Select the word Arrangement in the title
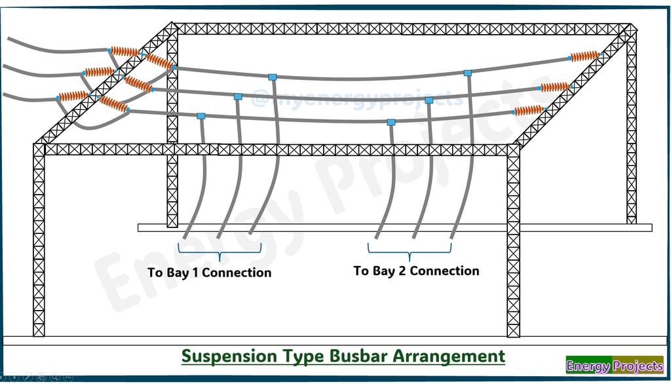point(449,356)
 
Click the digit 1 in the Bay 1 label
point(195,273)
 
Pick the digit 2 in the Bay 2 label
point(402,271)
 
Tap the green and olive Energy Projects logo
point(615,365)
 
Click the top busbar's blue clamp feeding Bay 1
point(272,77)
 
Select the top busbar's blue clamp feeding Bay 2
point(468,73)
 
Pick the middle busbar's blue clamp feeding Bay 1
point(238,97)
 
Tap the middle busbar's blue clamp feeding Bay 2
point(429,100)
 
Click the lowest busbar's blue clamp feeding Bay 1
point(201,116)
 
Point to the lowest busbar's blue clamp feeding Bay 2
point(391,123)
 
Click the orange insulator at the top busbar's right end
point(585,56)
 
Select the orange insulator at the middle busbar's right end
point(555,87)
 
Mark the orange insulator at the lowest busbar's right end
point(529,111)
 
